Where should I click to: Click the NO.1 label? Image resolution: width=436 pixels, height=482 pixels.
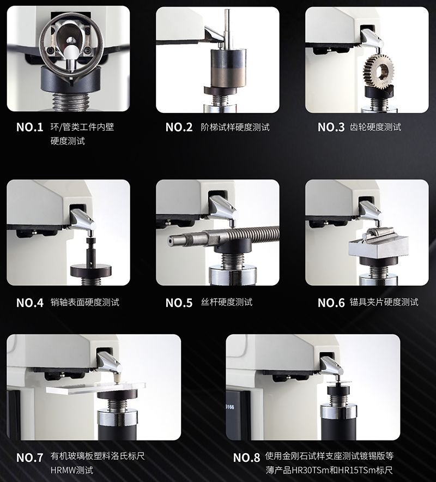30,127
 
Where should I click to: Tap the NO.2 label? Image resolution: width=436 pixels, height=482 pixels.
179,127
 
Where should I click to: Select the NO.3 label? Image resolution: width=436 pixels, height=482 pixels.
331,127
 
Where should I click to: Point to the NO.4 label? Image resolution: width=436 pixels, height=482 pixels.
30,303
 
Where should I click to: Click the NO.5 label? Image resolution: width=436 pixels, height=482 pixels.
179,303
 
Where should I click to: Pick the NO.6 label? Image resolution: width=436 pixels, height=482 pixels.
331,303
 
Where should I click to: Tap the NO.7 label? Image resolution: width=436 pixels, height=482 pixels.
30,457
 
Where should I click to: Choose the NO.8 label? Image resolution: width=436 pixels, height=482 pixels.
246,457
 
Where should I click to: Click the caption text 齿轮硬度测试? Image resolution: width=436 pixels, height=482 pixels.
376,127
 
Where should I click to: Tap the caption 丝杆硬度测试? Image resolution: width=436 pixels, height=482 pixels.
227,302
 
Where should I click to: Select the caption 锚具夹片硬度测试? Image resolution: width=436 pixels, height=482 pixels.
384,302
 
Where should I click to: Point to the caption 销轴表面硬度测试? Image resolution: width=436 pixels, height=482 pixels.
85,302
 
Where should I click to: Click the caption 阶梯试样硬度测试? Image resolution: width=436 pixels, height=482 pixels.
235,127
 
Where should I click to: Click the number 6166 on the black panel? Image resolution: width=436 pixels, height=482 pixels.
230,407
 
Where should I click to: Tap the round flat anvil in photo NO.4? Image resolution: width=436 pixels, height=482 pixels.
91,271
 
